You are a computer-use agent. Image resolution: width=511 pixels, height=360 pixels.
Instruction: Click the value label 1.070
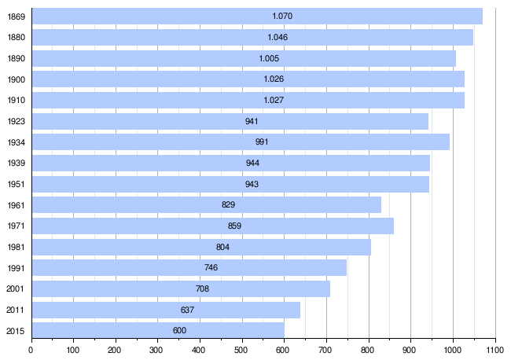tap(282, 17)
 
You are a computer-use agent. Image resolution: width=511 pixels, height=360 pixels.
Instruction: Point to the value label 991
tap(262, 142)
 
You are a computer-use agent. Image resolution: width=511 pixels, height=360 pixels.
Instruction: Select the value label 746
tap(211, 267)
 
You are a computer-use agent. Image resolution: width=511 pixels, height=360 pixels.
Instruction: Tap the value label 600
tap(179, 330)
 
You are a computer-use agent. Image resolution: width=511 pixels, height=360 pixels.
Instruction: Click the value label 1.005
tap(269, 58)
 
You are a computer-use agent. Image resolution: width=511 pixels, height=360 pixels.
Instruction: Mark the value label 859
tap(234, 226)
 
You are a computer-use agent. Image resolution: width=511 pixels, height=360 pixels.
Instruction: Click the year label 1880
tap(16, 37)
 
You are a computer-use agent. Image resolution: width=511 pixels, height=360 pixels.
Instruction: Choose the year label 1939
tap(16, 163)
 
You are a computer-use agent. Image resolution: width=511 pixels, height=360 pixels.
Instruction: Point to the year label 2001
tap(16, 288)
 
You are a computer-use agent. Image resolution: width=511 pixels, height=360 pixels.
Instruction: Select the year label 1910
tap(16, 100)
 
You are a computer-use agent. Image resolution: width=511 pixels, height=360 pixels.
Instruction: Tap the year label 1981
tap(16, 247)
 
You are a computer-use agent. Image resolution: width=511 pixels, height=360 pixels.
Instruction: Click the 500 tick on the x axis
tap(241, 350)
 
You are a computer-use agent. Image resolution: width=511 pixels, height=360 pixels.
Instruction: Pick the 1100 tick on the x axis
tap(494, 350)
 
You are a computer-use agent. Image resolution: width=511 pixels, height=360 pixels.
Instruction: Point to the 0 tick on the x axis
tap(31, 350)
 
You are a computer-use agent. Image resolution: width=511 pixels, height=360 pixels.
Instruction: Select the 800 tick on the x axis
tap(368, 350)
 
